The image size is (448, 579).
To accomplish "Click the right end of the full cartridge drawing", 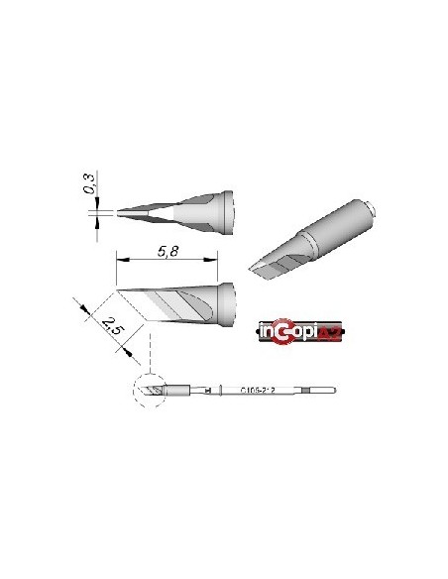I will coord(340,391).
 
